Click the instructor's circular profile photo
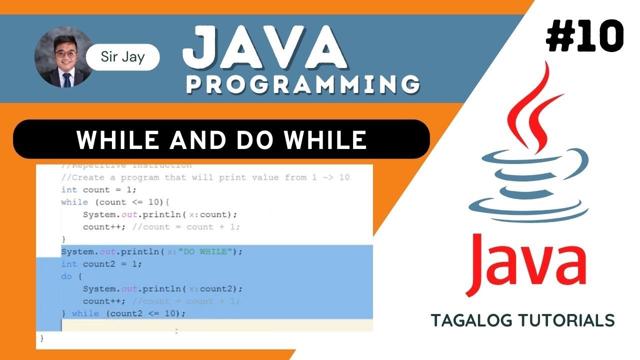pos(63,56)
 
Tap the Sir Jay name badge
pos(122,57)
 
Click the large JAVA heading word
pos(264,48)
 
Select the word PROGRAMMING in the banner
pos(302,83)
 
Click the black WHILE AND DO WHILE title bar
pos(221,139)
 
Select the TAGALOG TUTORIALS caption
pos(522,320)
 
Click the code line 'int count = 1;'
pos(98,190)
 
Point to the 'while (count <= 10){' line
pos(115,202)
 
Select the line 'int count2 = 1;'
pos(101,264)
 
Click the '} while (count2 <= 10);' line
pos(123,313)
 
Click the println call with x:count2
pos(162,289)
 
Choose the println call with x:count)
pos(159,214)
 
